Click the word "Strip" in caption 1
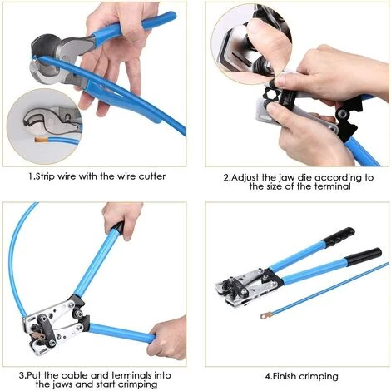point(46,176)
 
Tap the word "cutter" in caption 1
point(152,176)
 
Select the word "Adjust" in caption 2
point(245,178)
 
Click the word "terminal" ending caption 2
point(333,186)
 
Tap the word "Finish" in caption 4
point(285,376)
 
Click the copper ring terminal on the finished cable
point(265,315)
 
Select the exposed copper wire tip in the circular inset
point(40,140)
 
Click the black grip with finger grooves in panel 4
point(339,237)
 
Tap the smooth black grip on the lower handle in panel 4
point(364,256)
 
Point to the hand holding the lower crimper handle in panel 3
point(167,338)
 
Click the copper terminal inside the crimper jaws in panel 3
point(37,337)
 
